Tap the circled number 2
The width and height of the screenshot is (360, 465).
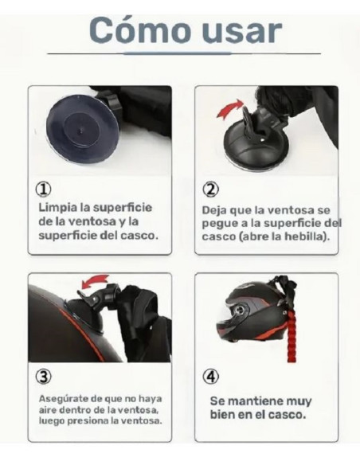point(211,190)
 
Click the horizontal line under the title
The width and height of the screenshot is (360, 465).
point(183,53)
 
